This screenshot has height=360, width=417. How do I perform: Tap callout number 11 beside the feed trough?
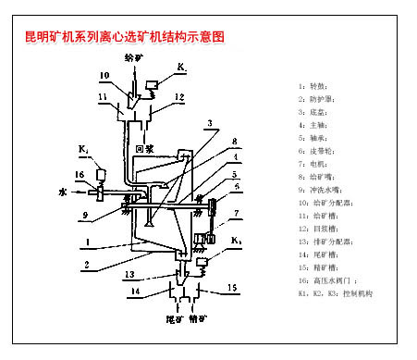coord(101,97)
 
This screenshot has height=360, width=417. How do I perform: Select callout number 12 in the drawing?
coord(180,97)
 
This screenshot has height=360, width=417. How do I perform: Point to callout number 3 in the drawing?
coord(211,124)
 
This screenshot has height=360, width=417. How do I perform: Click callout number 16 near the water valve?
coord(80,174)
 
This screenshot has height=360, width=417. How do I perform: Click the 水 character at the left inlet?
coord(63,193)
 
